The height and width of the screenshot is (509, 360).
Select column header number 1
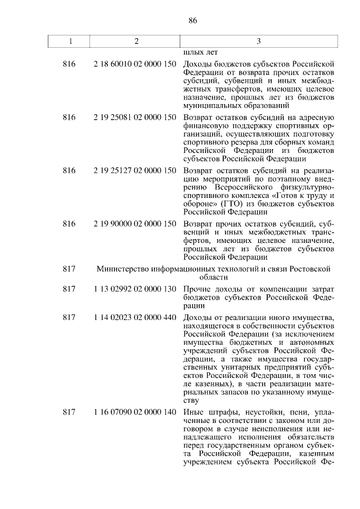(70, 41)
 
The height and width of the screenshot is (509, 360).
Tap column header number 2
(136, 41)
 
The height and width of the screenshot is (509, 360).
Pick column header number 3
(258, 41)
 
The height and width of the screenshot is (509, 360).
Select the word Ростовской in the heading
(308, 269)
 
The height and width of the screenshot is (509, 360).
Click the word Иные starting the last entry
(193, 413)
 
